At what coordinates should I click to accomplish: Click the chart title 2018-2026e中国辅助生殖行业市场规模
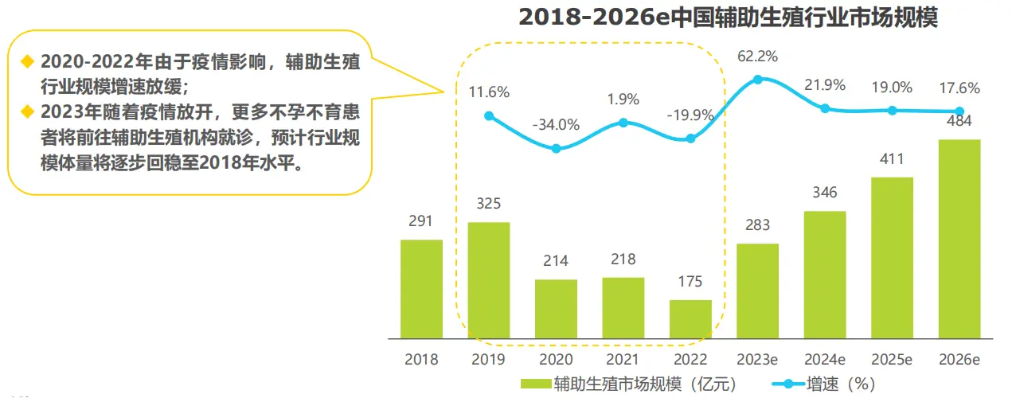pyautogui.click(x=728, y=17)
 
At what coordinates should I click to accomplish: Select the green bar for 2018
pyautogui.click(x=421, y=287)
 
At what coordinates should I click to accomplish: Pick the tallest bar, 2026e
pyautogui.click(x=959, y=237)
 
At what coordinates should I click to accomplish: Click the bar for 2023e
pyautogui.click(x=757, y=289)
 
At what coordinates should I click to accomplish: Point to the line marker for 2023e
pyautogui.click(x=758, y=80)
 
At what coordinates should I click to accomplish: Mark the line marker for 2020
pyautogui.click(x=556, y=149)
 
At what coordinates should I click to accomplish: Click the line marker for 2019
pyautogui.click(x=489, y=116)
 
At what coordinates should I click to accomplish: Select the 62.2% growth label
pyautogui.click(x=758, y=57)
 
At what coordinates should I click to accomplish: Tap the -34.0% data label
pyautogui.click(x=556, y=125)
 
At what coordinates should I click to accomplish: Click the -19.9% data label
pyautogui.click(x=690, y=115)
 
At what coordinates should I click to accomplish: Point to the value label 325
pyautogui.click(x=489, y=205)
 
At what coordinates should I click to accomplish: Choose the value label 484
pyautogui.click(x=959, y=122)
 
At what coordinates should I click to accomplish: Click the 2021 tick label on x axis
pyautogui.click(x=623, y=360)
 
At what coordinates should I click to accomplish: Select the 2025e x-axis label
pyautogui.click(x=892, y=360)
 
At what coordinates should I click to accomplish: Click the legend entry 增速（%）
pyautogui.click(x=828, y=384)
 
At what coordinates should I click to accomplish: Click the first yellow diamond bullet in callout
pyautogui.click(x=28, y=61)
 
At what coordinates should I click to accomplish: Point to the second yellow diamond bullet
pyautogui.click(x=28, y=110)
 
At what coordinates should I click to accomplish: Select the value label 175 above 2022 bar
pyautogui.click(x=690, y=283)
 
